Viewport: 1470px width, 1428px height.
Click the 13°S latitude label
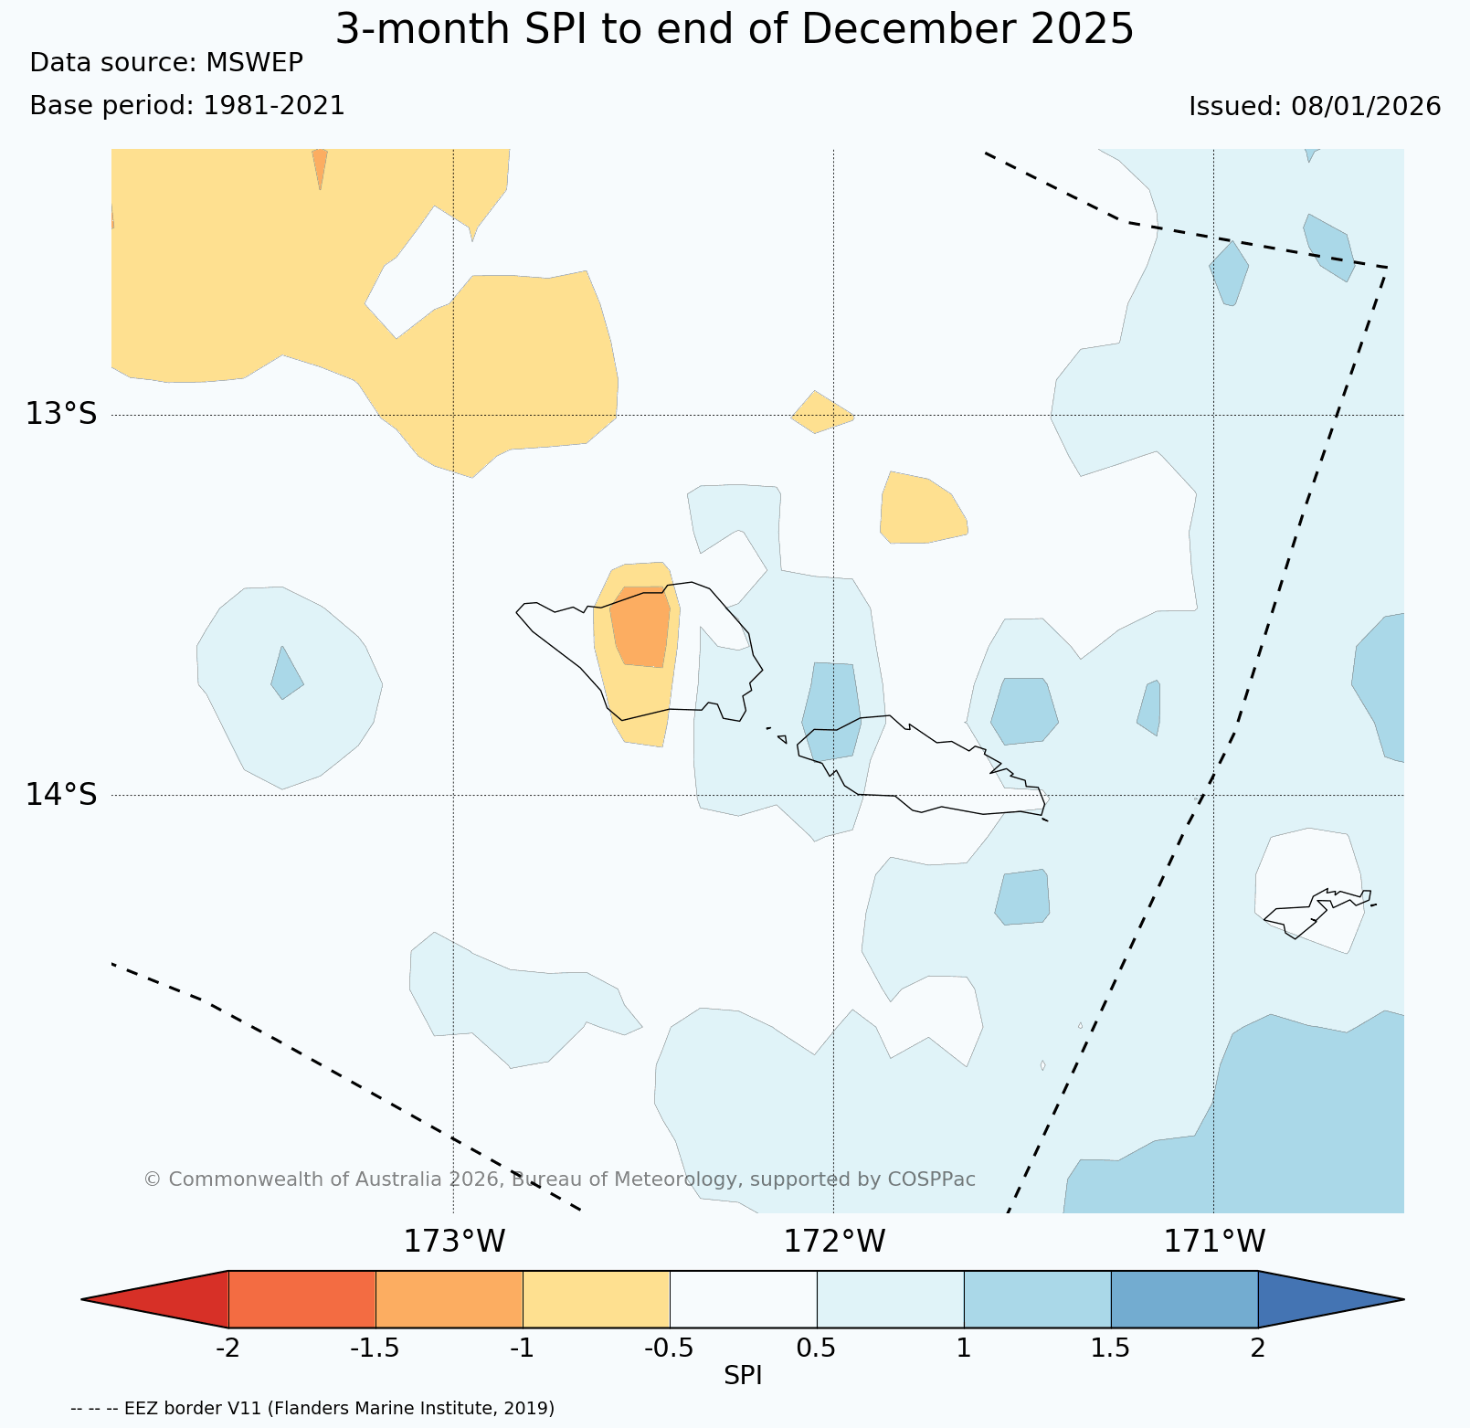click(60, 414)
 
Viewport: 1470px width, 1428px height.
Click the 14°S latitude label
click(60, 794)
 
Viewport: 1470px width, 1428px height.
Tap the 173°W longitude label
click(454, 1241)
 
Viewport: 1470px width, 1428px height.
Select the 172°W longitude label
click(834, 1241)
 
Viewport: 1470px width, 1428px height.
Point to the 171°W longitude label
click(1214, 1241)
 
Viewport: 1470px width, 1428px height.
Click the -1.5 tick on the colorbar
click(375, 1349)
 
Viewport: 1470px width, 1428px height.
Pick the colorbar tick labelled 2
click(1258, 1349)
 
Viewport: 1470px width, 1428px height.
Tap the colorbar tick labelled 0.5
click(817, 1349)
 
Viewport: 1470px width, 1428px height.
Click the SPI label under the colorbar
click(743, 1376)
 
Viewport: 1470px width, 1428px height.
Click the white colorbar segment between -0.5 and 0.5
click(743, 1298)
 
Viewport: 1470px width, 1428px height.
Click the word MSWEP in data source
click(254, 62)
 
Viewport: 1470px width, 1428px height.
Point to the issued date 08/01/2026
click(1366, 106)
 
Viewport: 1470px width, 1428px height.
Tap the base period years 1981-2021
click(274, 106)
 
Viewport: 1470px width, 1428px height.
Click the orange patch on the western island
click(640, 627)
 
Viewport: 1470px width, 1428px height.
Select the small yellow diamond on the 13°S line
click(822, 412)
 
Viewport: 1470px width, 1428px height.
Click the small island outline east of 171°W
click(1318, 909)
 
